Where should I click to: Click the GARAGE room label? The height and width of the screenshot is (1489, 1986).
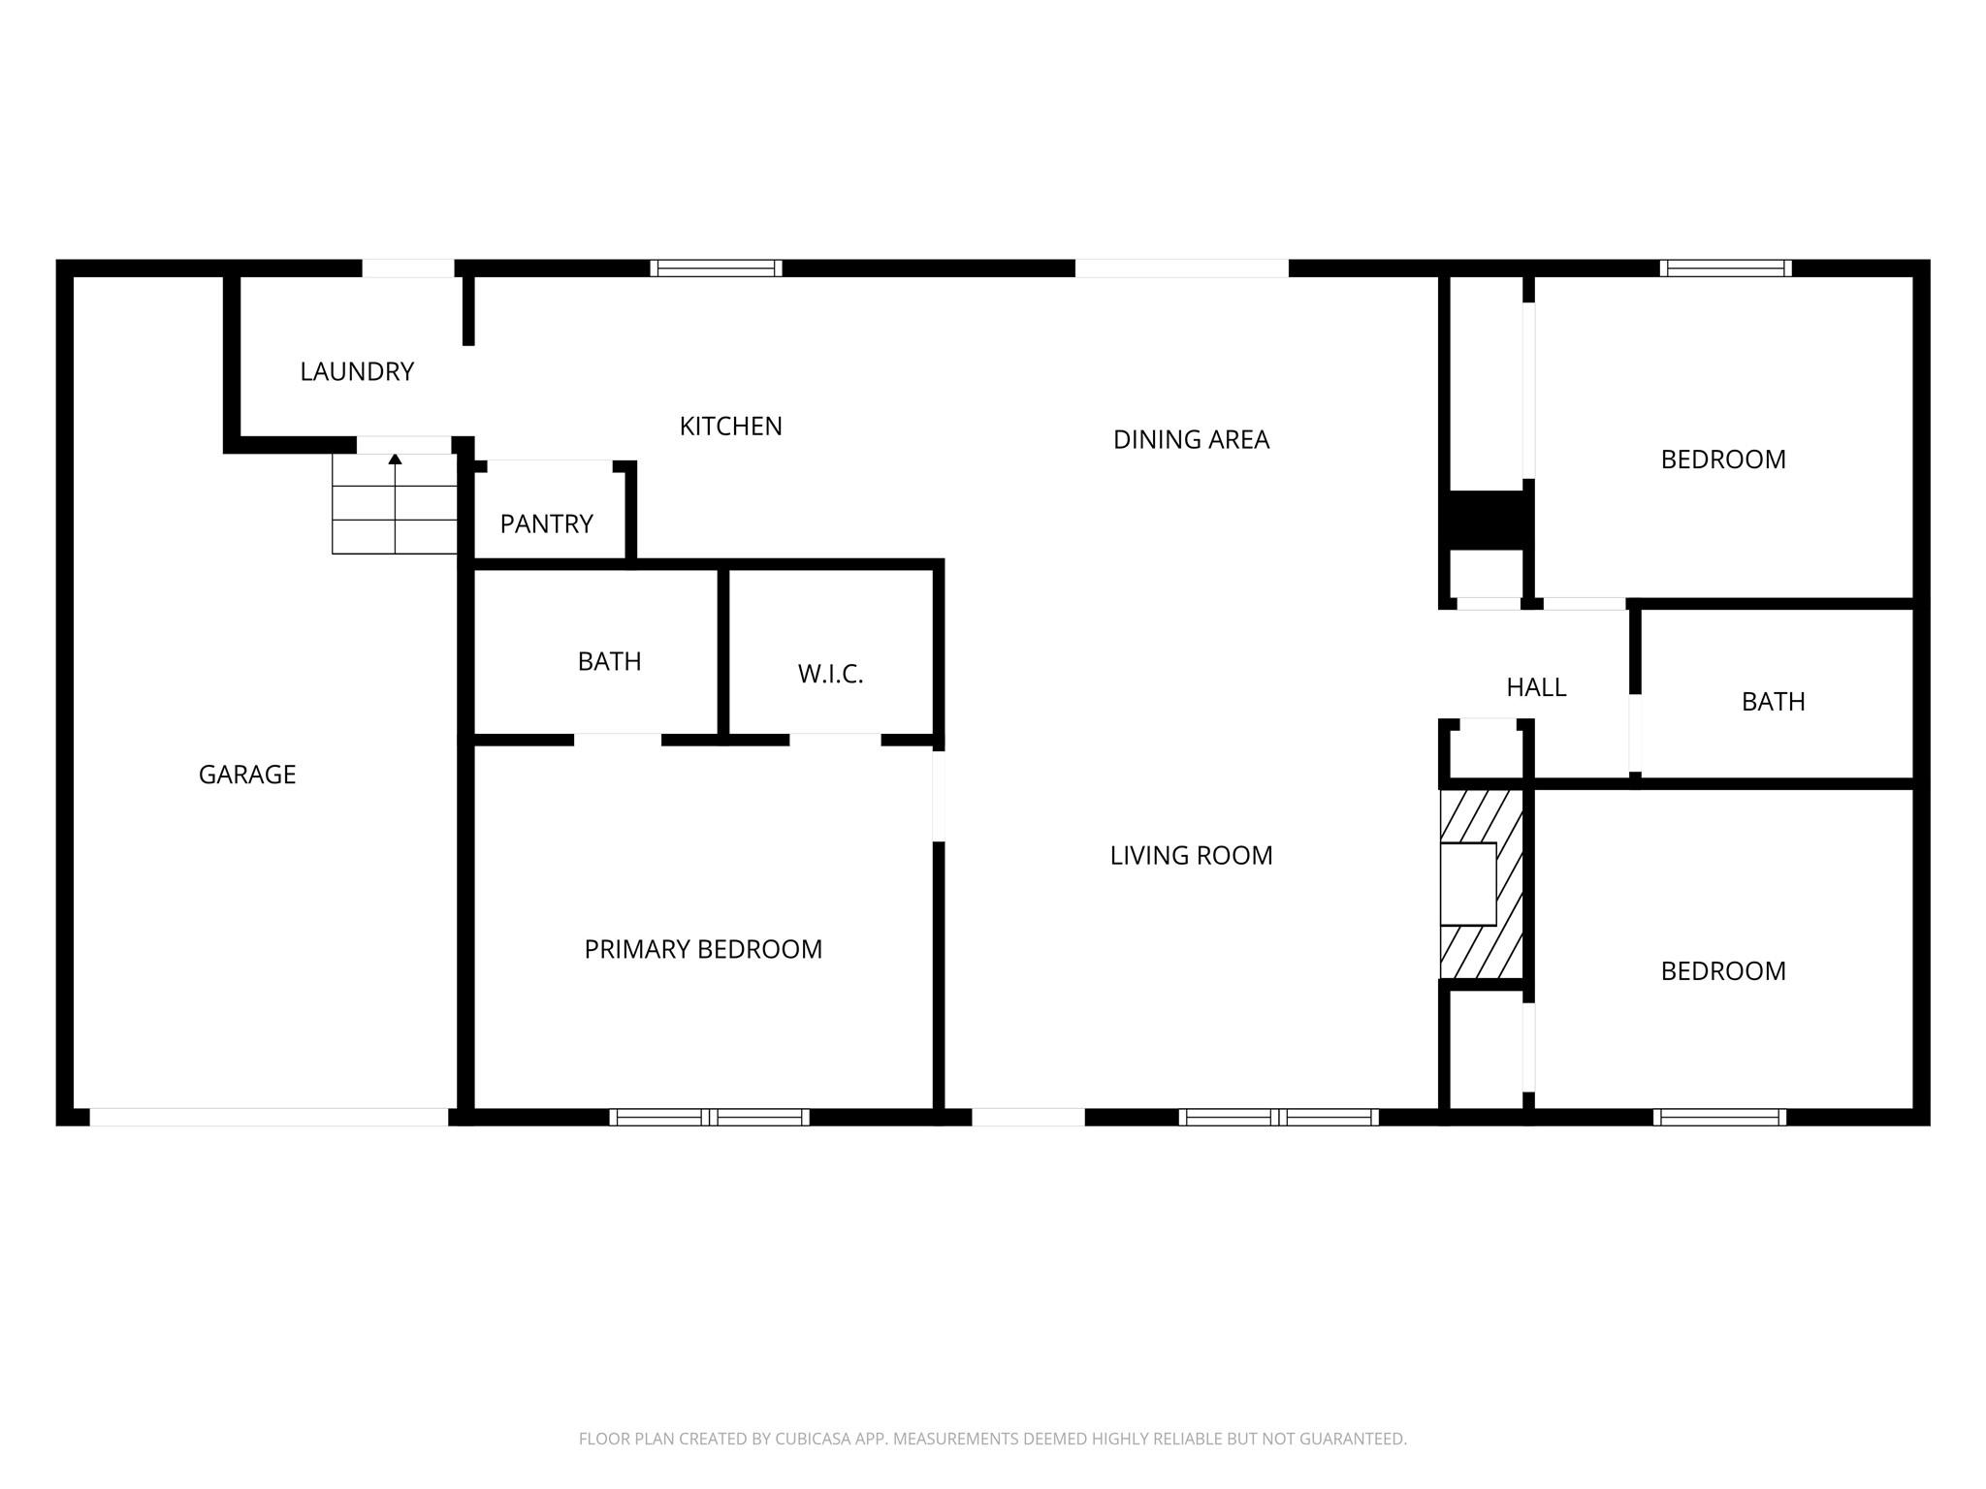coord(247,775)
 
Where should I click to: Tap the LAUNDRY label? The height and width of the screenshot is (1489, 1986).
coord(357,371)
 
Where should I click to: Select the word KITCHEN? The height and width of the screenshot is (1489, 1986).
coord(730,427)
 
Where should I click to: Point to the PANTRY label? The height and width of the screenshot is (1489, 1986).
coord(546,524)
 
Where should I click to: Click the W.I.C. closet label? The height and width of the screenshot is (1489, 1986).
coord(830,675)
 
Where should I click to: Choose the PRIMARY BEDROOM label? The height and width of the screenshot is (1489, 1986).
coord(703,949)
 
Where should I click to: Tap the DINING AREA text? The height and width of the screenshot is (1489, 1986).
coord(1191,440)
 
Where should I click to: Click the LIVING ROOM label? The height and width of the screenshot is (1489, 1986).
coord(1191,855)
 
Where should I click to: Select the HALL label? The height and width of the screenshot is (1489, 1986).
coord(1536,687)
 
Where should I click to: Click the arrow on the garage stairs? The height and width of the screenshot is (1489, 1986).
coord(395,502)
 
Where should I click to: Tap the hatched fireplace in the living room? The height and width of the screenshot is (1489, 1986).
coord(1481,884)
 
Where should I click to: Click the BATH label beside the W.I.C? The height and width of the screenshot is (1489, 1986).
coord(609,661)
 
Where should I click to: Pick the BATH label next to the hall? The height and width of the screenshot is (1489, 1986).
coord(1773,702)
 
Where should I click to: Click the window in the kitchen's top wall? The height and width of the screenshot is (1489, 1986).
coord(716,269)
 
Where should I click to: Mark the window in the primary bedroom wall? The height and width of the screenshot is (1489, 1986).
coord(709,1117)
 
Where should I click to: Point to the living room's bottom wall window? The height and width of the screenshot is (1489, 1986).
coord(1278,1117)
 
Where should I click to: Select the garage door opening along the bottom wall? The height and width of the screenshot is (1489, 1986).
coord(269,1117)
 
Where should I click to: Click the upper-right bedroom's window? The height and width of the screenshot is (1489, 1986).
coord(1725,269)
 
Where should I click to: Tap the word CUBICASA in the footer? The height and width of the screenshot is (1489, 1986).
coord(813,1440)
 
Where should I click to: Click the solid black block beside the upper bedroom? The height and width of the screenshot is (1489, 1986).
coord(1486,521)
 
